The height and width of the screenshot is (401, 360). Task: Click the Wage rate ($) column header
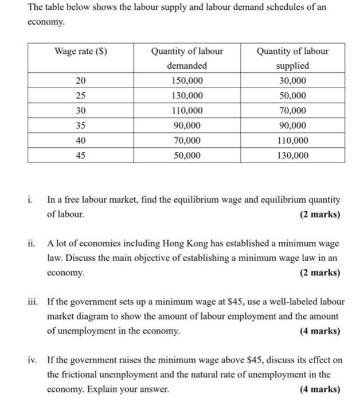(x=81, y=51)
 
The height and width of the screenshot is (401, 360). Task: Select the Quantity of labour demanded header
(x=187, y=58)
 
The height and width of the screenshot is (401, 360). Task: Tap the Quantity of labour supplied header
(x=292, y=58)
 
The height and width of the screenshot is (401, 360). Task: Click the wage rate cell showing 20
(x=81, y=81)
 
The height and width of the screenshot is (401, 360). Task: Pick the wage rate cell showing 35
(x=81, y=125)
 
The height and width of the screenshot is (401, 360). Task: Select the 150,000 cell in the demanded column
(x=187, y=81)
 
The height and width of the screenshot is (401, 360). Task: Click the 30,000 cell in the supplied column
(x=292, y=81)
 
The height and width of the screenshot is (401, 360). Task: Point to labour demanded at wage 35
(x=187, y=125)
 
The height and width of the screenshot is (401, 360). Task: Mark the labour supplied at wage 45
(x=292, y=155)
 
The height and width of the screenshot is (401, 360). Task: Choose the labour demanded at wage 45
(x=187, y=155)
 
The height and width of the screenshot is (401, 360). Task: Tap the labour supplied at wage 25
(x=292, y=96)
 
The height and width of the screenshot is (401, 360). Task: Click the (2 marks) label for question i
(x=319, y=215)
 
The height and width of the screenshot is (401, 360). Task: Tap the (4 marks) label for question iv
(x=319, y=389)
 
